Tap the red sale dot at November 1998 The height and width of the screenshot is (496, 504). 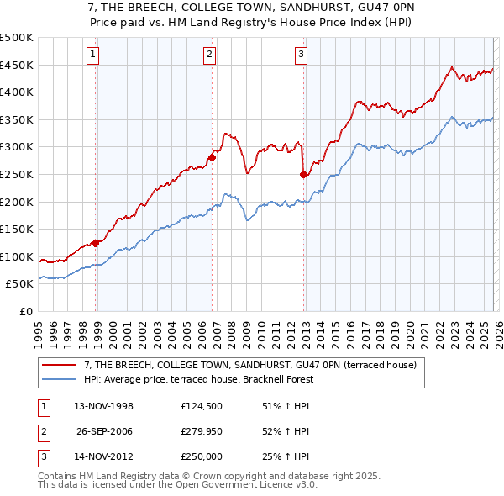pyautogui.click(x=96, y=243)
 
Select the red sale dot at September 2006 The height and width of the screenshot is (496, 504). pyautogui.click(x=213, y=157)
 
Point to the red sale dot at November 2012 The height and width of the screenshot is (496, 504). pyautogui.click(x=303, y=174)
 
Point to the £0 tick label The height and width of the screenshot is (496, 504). pyautogui.click(x=26, y=311)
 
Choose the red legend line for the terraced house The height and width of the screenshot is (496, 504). pyautogui.click(x=60, y=364)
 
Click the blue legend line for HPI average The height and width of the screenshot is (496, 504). pyautogui.click(x=60, y=379)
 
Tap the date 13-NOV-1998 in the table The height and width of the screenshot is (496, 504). pyautogui.click(x=104, y=407)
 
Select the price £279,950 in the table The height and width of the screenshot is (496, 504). pyautogui.click(x=201, y=431)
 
